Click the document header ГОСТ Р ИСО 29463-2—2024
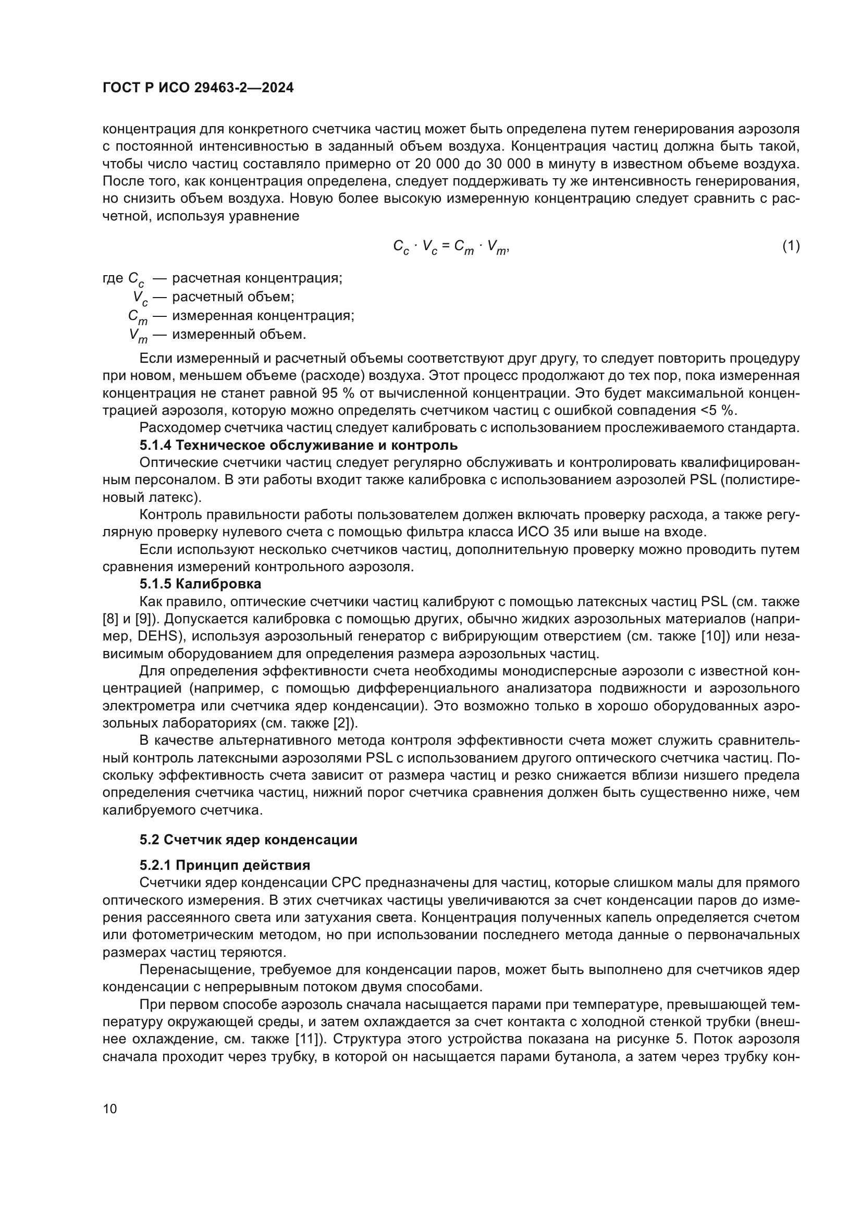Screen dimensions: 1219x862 tap(198, 88)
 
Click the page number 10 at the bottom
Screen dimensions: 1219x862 tap(110, 1109)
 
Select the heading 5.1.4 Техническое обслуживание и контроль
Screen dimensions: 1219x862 tap(298, 445)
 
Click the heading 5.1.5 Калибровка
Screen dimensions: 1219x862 tap(200, 584)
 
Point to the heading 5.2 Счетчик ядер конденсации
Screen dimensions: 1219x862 tap(249, 840)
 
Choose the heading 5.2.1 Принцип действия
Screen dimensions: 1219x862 tap(225, 866)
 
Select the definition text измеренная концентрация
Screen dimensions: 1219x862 tap(263, 315)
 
